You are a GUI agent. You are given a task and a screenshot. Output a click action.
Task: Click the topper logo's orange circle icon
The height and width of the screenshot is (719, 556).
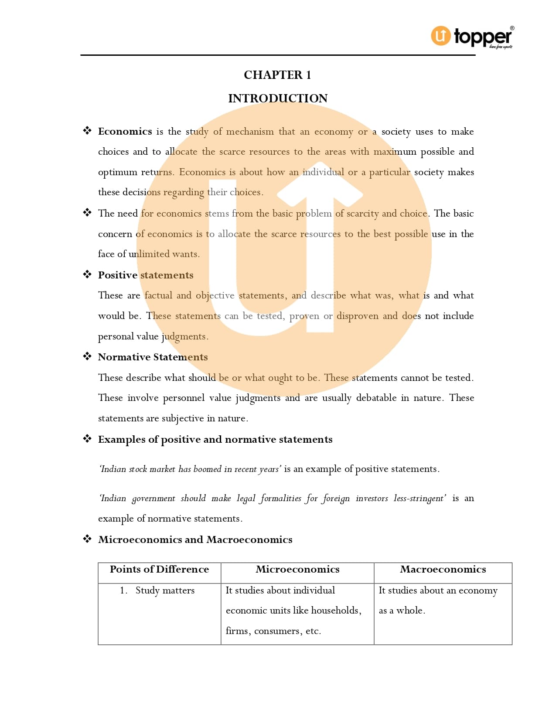pyautogui.click(x=441, y=36)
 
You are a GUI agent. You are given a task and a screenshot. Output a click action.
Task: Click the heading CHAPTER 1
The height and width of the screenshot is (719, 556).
pyautogui.click(x=277, y=75)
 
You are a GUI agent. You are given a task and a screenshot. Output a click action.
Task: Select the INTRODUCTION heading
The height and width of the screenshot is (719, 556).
pyautogui.click(x=278, y=98)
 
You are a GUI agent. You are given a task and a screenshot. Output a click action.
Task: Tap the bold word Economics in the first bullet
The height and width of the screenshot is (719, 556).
pyautogui.click(x=125, y=131)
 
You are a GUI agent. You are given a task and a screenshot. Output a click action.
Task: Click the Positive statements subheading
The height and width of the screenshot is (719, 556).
pyautogui.click(x=146, y=275)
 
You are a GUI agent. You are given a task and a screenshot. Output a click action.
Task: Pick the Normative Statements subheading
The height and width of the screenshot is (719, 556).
pyautogui.click(x=153, y=357)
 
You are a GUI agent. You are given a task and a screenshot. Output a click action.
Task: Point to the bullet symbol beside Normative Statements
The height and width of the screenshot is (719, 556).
pyautogui.click(x=87, y=356)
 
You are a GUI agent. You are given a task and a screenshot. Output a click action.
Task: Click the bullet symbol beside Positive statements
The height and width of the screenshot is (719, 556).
pyautogui.click(x=87, y=275)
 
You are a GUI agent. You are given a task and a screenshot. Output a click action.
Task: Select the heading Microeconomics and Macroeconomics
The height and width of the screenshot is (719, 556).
pyautogui.click(x=195, y=539)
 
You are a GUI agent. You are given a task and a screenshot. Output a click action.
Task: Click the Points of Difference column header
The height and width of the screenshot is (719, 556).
pyautogui.click(x=159, y=569)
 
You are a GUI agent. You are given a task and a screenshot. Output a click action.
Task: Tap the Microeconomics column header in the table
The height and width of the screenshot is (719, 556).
pyautogui.click(x=297, y=569)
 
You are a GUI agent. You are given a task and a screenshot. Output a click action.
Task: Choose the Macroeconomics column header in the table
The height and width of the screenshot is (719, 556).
pyautogui.click(x=443, y=569)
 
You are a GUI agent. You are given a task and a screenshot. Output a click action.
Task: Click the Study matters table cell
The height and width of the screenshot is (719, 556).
pyautogui.click(x=165, y=590)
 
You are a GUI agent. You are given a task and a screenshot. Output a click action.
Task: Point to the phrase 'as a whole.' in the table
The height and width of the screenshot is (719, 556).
pyautogui.click(x=402, y=610)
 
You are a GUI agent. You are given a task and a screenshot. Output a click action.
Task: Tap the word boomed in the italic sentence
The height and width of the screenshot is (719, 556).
pyautogui.click(x=207, y=469)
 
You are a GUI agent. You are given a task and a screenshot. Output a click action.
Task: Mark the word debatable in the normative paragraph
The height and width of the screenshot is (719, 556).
pyautogui.click(x=376, y=398)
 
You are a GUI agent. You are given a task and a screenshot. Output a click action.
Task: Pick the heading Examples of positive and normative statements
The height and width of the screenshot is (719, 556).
pyautogui.click(x=215, y=439)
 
